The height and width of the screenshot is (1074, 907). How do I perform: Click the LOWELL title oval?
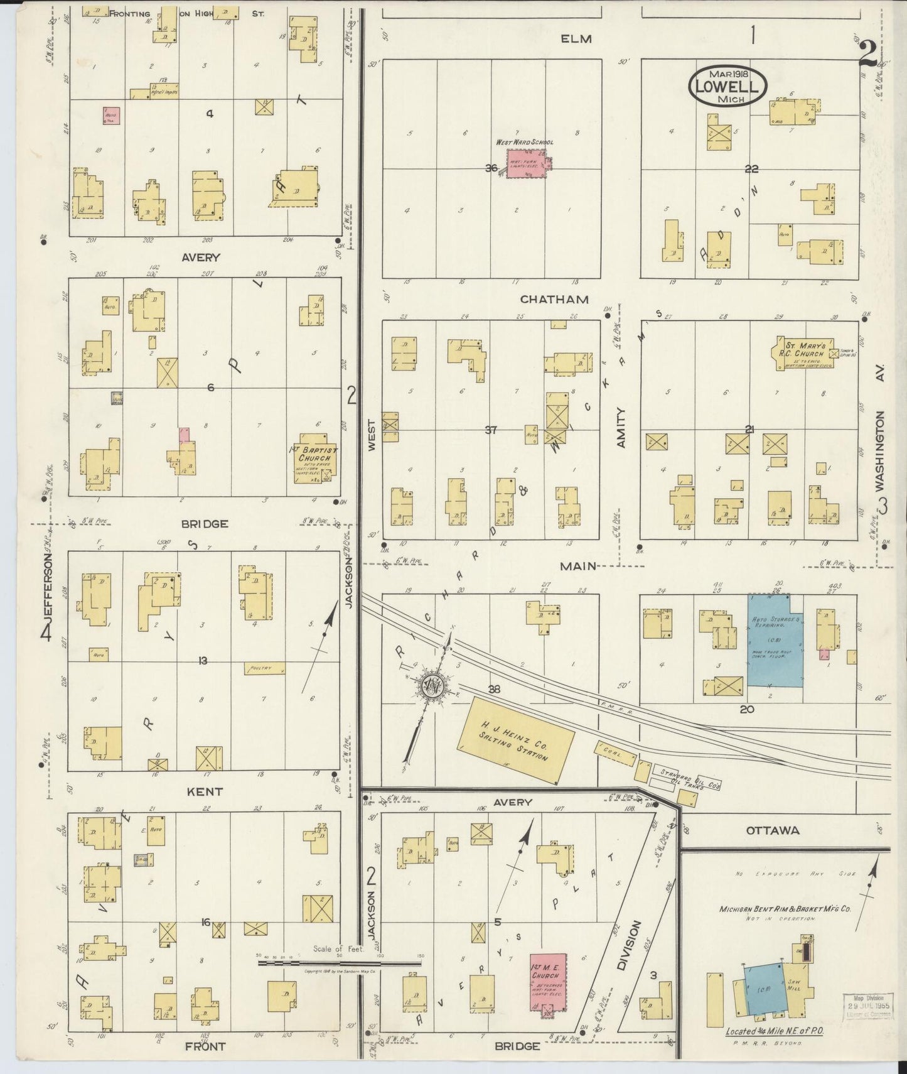(728, 86)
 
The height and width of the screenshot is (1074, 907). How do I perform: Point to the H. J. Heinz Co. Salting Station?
(517, 740)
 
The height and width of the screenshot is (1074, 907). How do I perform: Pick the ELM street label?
(576, 39)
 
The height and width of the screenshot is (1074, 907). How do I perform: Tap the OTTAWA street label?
(773, 830)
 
